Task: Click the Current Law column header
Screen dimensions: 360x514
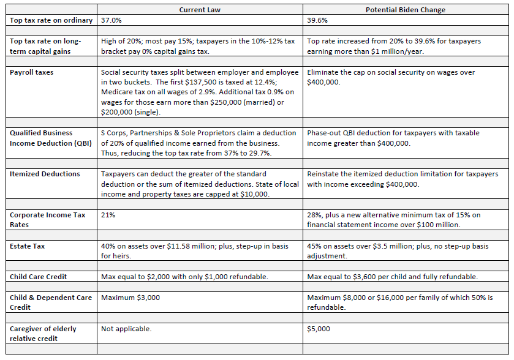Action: pos(200,10)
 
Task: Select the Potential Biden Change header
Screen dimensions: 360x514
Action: pos(406,10)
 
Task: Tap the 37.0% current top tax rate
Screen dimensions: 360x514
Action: pos(111,20)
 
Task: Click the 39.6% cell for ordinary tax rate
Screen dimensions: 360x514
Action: pos(317,20)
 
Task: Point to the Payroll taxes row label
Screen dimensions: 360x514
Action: pos(32,72)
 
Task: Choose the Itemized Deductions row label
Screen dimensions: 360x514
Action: pos(45,174)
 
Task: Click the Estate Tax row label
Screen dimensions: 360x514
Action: pos(28,246)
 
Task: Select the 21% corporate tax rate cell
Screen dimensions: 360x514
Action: pos(108,215)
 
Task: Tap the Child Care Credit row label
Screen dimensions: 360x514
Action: pos(38,277)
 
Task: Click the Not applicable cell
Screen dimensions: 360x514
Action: pos(126,329)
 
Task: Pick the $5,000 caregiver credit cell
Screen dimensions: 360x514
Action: pos(319,329)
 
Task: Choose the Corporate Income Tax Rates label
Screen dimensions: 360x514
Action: pos(48,219)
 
